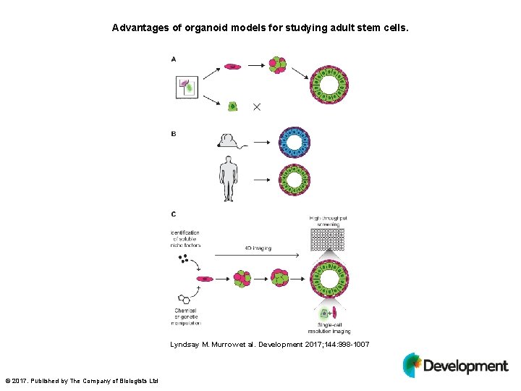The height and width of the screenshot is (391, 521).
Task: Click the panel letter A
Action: point(174,59)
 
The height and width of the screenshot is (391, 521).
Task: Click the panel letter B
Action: point(174,134)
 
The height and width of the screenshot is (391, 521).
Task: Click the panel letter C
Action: point(174,214)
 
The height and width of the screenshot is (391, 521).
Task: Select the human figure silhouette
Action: point(229,179)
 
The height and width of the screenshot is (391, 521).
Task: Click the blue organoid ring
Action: point(295,142)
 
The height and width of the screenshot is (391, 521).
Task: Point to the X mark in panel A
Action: point(257,106)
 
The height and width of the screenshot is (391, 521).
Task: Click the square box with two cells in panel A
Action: point(187,88)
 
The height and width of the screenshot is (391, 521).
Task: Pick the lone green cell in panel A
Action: point(233,106)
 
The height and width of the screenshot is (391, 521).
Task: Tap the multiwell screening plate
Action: point(327,240)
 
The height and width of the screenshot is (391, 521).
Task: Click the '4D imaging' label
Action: point(253,248)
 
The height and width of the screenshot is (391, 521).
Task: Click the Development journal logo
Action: point(455,365)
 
